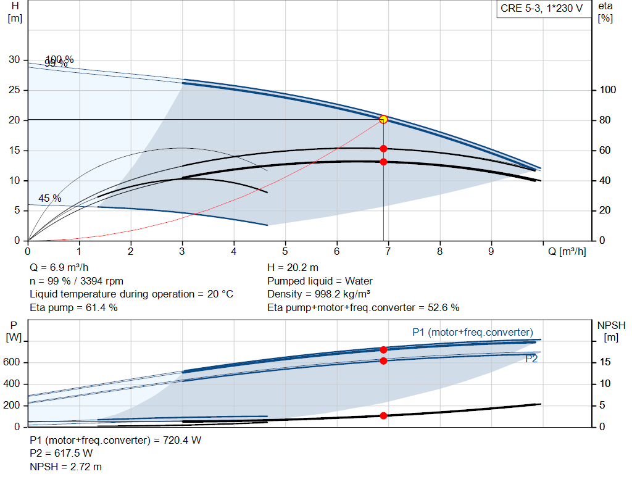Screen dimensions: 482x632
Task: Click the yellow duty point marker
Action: [x=383, y=119]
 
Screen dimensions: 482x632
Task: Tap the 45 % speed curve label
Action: [x=50, y=199]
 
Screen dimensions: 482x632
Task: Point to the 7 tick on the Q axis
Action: [x=388, y=252]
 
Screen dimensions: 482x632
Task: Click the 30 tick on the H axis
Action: [x=14, y=60]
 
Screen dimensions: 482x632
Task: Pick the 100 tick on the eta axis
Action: [x=607, y=90]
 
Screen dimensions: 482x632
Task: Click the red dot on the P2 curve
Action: [x=383, y=360]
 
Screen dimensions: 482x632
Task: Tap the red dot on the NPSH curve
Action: [x=383, y=415]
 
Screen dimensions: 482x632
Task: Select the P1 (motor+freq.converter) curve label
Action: [x=472, y=333]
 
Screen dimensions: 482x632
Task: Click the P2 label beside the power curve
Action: [x=531, y=358]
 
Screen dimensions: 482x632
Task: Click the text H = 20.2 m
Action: [x=293, y=268]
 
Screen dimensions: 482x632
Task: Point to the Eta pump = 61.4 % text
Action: [x=73, y=307]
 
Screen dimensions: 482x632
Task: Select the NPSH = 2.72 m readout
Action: [x=66, y=467]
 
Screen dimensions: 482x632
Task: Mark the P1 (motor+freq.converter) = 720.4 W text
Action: [x=115, y=441]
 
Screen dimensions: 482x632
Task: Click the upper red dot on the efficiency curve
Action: [x=383, y=149]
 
